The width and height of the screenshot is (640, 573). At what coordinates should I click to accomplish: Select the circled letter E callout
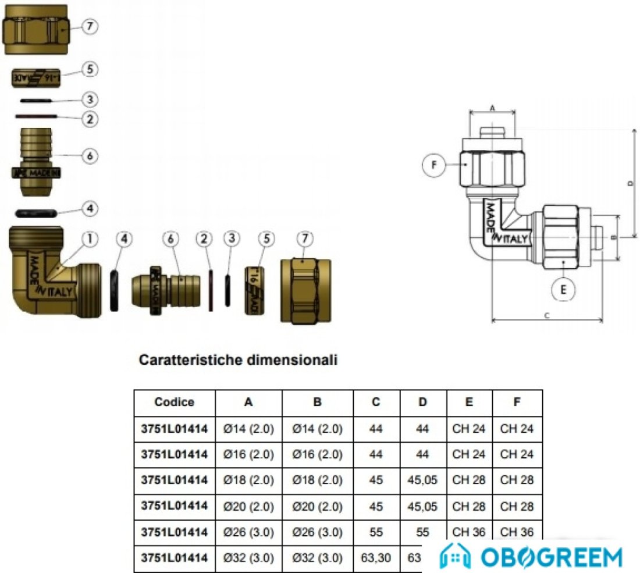pyautogui.click(x=562, y=289)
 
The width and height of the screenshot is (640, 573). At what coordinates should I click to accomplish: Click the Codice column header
pyautogui.click(x=175, y=402)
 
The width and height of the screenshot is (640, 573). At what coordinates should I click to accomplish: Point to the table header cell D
pyautogui.click(x=423, y=402)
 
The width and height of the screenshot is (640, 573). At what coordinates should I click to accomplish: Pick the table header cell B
pyautogui.click(x=317, y=402)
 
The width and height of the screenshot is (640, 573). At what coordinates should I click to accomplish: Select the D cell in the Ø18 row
pyautogui.click(x=423, y=481)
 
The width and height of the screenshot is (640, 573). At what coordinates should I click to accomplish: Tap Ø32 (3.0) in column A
pyautogui.click(x=248, y=558)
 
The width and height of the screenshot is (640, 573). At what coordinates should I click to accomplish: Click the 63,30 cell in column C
pyautogui.click(x=376, y=558)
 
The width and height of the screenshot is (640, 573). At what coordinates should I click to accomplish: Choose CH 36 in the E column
pyautogui.click(x=469, y=532)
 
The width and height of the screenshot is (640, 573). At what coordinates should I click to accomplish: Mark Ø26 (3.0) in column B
pyautogui.click(x=317, y=532)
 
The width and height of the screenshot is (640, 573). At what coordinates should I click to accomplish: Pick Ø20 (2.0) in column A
pyautogui.click(x=248, y=506)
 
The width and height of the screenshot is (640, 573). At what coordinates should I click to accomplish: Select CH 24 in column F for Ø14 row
pyautogui.click(x=517, y=429)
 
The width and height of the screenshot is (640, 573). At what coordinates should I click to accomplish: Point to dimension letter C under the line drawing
pyautogui.click(x=547, y=315)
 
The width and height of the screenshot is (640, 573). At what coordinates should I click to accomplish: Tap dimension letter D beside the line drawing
pyautogui.click(x=630, y=183)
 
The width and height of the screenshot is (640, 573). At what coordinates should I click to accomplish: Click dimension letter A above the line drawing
pyautogui.click(x=492, y=108)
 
